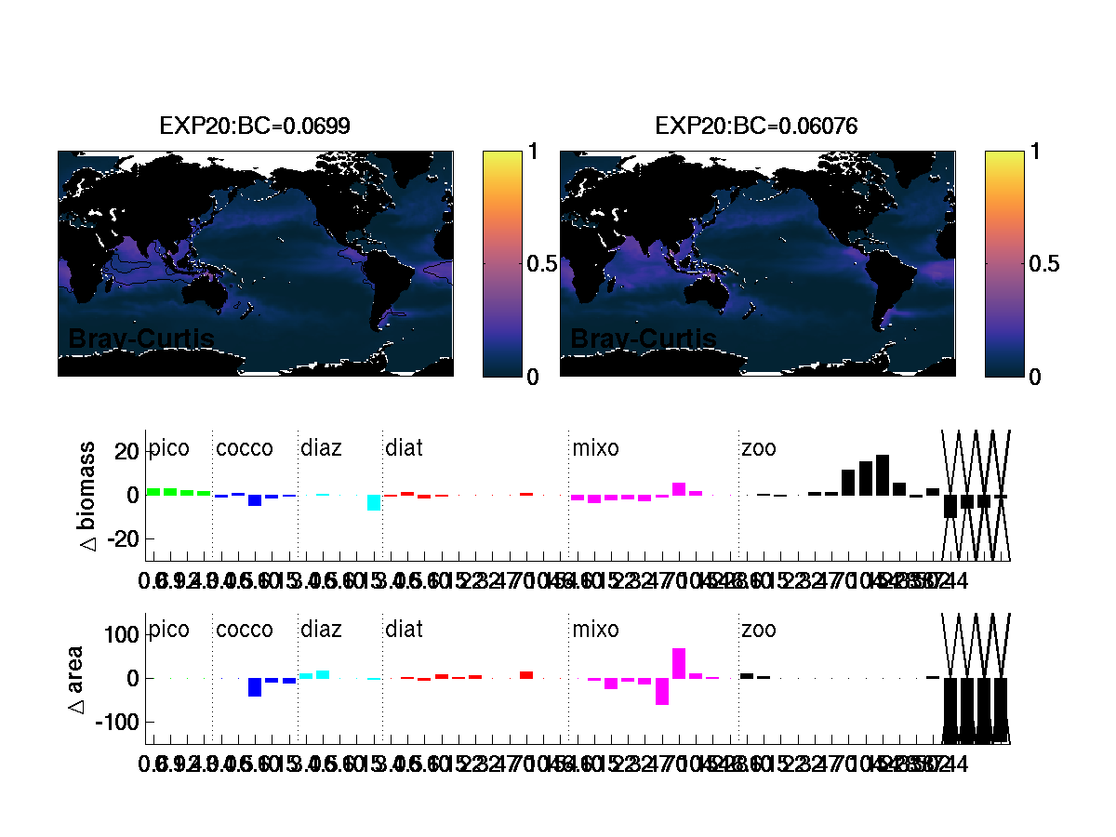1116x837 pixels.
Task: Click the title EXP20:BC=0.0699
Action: pos(255,126)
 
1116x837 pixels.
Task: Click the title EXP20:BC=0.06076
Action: pos(756,126)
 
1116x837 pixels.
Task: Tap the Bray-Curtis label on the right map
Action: pos(643,339)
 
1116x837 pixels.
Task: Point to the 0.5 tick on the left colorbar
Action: pos(542,264)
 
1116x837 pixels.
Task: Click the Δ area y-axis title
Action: pos(77,678)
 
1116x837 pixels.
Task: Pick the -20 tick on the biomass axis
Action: pos(124,538)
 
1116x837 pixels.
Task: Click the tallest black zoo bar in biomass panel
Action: pos(883,474)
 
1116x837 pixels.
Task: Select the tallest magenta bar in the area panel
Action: pos(679,663)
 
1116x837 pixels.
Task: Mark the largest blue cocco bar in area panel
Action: pos(255,687)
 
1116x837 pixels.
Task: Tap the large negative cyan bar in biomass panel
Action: pos(374,502)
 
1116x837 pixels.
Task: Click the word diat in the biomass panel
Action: pos(404,449)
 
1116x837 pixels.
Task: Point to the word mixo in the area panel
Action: pos(595,631)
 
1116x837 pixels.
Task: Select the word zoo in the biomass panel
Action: pos(758,449)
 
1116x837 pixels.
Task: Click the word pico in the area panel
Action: pos(169,631)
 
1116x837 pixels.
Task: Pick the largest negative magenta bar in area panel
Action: pos(662,691)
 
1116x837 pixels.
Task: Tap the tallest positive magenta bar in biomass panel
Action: pos(679,489)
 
